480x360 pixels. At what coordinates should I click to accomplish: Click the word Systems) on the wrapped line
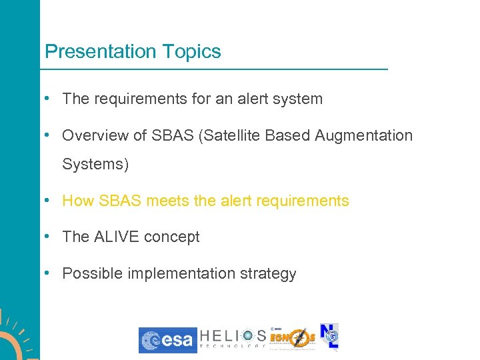(95, 164)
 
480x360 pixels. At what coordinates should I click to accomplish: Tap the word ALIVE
(118, 237)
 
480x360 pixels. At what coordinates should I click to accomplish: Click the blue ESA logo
(167, 340)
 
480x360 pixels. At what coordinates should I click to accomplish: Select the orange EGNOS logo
(293, 339)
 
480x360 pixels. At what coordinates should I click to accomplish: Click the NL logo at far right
(329, 337)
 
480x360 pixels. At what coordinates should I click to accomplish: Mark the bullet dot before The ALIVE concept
(47, 237)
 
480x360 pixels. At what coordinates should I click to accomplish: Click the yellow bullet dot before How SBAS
(47, 201)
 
